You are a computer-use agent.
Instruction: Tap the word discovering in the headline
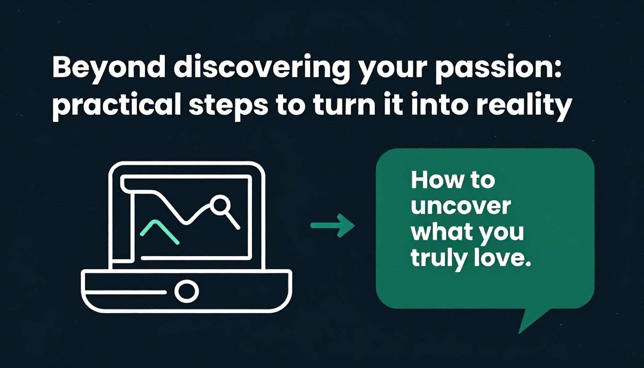pos(262,69)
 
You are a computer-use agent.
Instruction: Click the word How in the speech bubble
pos(436,180)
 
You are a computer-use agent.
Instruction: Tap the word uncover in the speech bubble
pos(461,206)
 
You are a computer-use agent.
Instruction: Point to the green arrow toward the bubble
pos(333,226)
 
